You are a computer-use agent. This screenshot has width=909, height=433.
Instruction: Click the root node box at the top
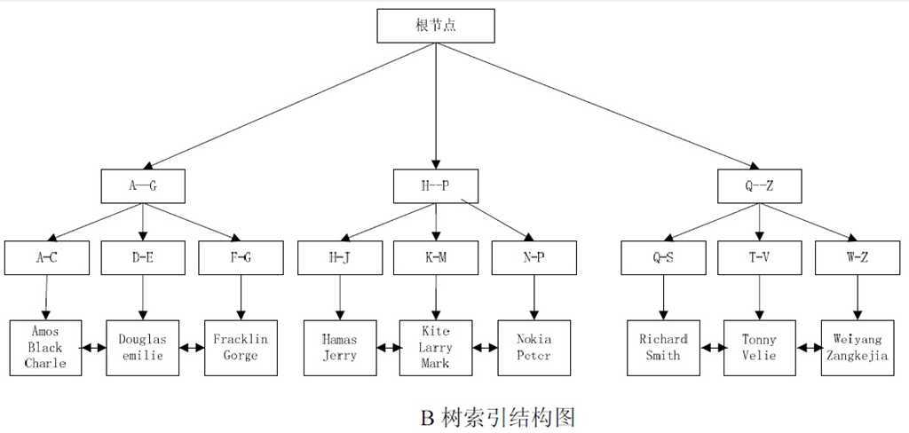435,26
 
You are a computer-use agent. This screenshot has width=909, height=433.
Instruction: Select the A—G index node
143,186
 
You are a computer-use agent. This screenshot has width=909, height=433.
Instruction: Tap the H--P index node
435,186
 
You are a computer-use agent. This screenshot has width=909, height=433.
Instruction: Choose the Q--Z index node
759,186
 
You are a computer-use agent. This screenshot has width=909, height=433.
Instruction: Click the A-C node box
46,257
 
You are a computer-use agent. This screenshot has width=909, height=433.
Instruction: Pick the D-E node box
143,257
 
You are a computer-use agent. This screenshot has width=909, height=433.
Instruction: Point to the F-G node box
240,257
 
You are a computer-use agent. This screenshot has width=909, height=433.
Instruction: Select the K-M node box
435,257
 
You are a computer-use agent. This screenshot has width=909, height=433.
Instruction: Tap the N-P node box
534,257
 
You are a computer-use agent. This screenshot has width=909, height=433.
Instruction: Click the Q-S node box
662,257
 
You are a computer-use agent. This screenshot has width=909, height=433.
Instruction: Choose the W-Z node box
857,257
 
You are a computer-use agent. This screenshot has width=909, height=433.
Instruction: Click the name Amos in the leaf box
44,332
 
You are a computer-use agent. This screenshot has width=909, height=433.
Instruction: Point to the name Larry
435,348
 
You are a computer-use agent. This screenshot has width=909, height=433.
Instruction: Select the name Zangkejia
857,355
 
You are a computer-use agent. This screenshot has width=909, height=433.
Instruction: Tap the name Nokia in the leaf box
534,339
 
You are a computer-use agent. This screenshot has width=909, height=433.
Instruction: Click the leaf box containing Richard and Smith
663,347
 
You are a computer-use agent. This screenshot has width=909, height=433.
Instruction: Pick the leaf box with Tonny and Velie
759,347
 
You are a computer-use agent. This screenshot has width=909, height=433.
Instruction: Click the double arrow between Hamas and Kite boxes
388,348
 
